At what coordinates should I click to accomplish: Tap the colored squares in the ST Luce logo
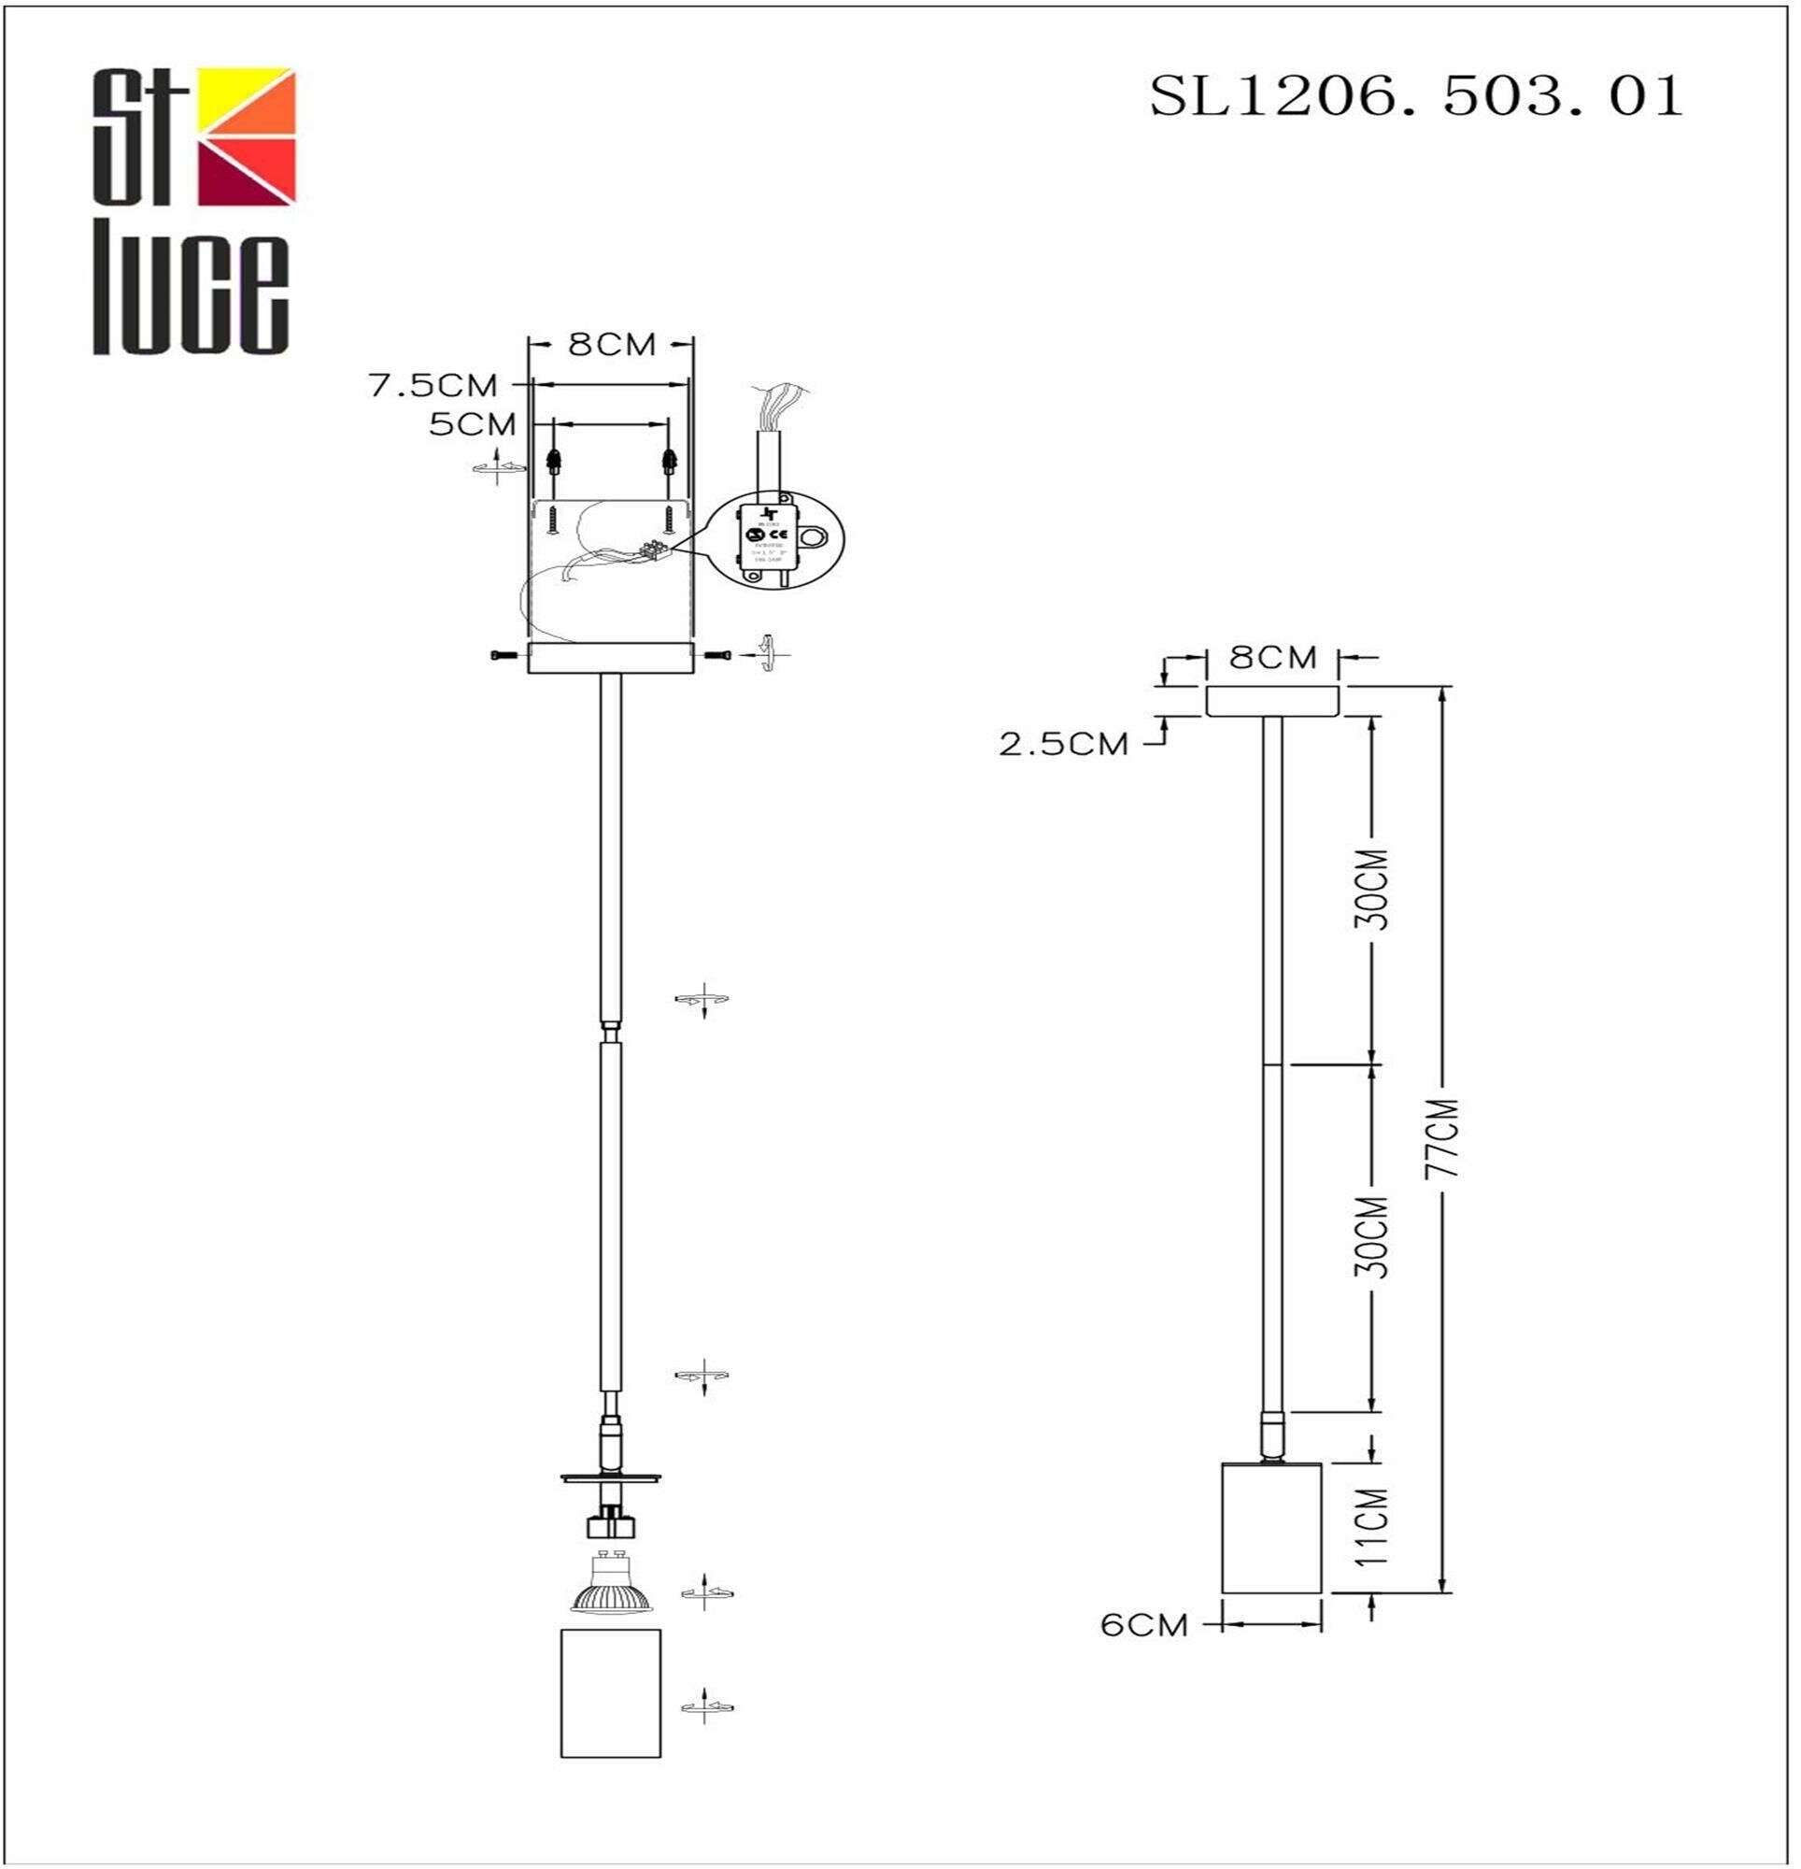[x=246, y=136]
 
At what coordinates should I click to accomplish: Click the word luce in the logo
[x=191, y=295]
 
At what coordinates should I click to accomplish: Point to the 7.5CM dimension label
[x=433, y=385]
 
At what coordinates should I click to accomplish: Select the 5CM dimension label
[x=472, y=424]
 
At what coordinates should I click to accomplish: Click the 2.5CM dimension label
[x=1063, y=744]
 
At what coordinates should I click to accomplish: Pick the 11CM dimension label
[x=1374, y=1526]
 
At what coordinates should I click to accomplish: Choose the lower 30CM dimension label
[x=1374, y=1236]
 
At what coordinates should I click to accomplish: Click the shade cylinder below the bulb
[x=610, y=1693]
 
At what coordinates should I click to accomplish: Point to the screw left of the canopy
[x=503, y=655]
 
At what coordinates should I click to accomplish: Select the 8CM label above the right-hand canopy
[x=1272, y=657]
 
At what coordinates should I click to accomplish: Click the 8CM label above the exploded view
[x=611, y=344]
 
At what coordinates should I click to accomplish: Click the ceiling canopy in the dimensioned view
[x=1272, y=701]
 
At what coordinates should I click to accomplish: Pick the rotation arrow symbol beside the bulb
[x=706, y=1592]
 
